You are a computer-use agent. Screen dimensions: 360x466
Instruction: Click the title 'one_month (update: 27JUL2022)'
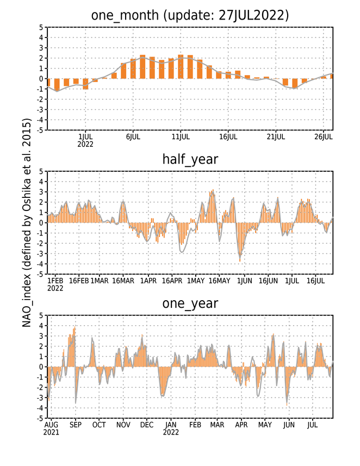point(190,15)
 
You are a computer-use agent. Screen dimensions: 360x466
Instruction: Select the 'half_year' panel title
point(190,160)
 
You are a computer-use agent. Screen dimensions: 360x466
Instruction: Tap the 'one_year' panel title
point(190,303)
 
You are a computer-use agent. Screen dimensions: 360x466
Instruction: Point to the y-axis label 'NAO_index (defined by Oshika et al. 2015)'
point(27,223)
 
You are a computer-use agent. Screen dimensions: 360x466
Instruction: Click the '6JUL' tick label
point(133,137)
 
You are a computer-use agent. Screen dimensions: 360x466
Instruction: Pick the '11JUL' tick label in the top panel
point(181,137)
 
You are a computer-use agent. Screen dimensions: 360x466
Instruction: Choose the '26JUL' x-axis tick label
point(324,137)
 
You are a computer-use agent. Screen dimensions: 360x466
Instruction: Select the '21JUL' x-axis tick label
point(276,137)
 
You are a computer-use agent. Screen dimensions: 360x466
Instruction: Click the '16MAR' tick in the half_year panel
point(123,281)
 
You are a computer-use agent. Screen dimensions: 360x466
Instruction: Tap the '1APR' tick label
point(148,281)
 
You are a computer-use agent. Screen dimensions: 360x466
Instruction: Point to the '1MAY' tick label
point(196,281)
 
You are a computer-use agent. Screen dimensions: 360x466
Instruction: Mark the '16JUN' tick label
point(268,281)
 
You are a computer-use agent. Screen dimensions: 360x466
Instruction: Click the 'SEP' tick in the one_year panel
point(76,425)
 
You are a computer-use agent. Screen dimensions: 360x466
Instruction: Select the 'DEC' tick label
point(147,425)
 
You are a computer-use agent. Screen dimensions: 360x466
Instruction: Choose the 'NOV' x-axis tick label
point(123,425)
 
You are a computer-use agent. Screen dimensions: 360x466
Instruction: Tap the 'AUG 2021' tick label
point(51,428)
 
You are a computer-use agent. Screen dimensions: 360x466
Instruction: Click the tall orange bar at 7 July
point(142,67)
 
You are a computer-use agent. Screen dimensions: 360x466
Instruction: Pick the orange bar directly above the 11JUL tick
point(181,67)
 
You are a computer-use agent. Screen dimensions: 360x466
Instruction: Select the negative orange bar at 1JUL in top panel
point(85,84)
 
